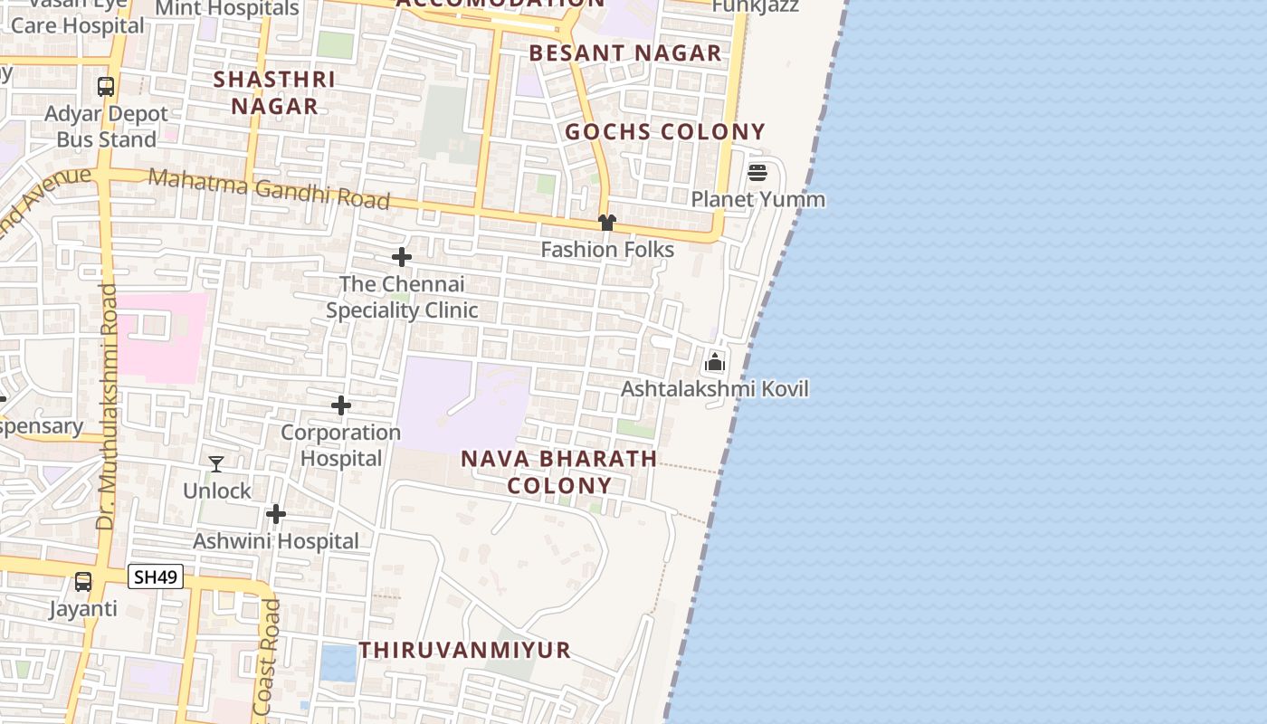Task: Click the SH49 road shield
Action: click(x=156, y=576)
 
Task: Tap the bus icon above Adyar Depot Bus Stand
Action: click(x=106, y=87)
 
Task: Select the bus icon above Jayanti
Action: click(x=83, y=582)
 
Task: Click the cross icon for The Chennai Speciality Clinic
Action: click(x=402, y=257)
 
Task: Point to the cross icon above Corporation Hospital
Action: click(x=341, y=405)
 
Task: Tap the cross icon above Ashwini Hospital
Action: click(x=276, y=514)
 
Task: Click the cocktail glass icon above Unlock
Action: click(x=216, y=464)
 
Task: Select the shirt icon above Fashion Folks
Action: click(x=606, y=223)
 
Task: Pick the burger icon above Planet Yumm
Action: click(x=757, y=172)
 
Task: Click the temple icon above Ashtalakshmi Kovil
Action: click(x=715, y=362)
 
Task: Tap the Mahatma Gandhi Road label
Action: click(x=269, y=188)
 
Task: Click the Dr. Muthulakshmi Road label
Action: click(x=108, y=407)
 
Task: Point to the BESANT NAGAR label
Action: click(x=625, y=53)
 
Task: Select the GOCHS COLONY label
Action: click(x=665, y=132)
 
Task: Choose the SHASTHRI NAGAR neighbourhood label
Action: click(x=274, y=92)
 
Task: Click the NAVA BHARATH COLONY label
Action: click(x=559, y=472)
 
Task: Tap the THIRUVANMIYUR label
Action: click(x=465, y=650)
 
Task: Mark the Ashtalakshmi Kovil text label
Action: click(x=715, y=389)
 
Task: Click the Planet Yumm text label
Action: click(x=758, y=199)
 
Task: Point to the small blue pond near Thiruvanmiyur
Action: click(x=338, y=663)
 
